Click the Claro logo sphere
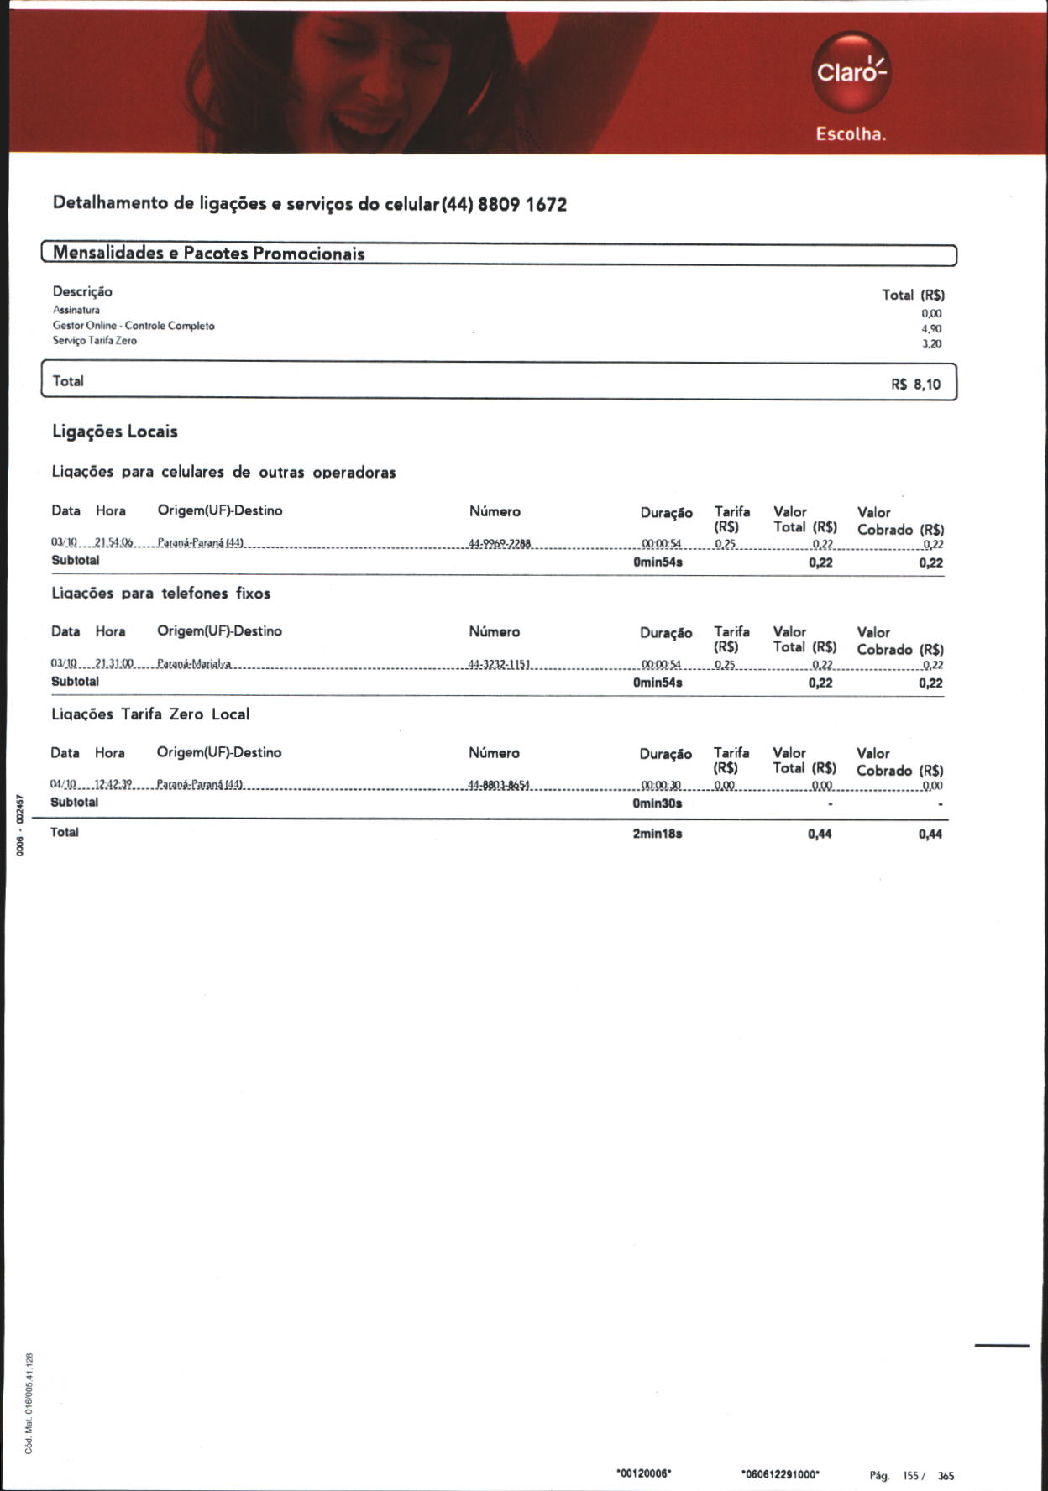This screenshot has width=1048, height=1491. pyautogui.click(x=851, y=72)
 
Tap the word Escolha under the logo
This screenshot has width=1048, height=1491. pyautogui.click(x=851, y=134)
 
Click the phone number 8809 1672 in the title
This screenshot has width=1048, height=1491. pyautogui.click(x=521, y=204)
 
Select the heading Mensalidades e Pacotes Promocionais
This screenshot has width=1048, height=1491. pyautogui.click(x=208, y=253)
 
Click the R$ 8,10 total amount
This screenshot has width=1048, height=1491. pyautogui.click(x=915, y=385)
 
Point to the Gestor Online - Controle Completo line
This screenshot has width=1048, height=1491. pyautogui.click(x=134, y=326)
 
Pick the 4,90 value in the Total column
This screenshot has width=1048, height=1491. pyautogui.click(x=931, y=328)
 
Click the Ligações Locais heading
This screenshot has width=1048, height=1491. pyautogui.click(x=115, y=432)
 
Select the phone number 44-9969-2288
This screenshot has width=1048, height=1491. pyautogui.click(x=500, y=544)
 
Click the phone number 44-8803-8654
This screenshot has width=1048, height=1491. pyautogui.click(x=499, y=785)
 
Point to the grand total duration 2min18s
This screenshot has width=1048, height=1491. pyautogui.click(x=658, y=834)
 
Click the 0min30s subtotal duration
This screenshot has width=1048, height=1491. pyautogui.click(x=658, y=803)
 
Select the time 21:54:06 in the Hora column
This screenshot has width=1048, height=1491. pyautogui.click(x=114, y=544)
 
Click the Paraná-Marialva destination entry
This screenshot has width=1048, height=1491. pyautogui.click(x=194, y=664)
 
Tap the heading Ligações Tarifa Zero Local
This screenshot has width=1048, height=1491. pyautogui.click(x=150, y=714)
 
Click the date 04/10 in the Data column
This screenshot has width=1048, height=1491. pyautogui.click(x=63, y=785)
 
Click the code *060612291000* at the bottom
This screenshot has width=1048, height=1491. pyautogui.click(x=780, y=1473)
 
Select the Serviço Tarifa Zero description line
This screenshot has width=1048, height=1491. pyautogui.click(x=95, y=341)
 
